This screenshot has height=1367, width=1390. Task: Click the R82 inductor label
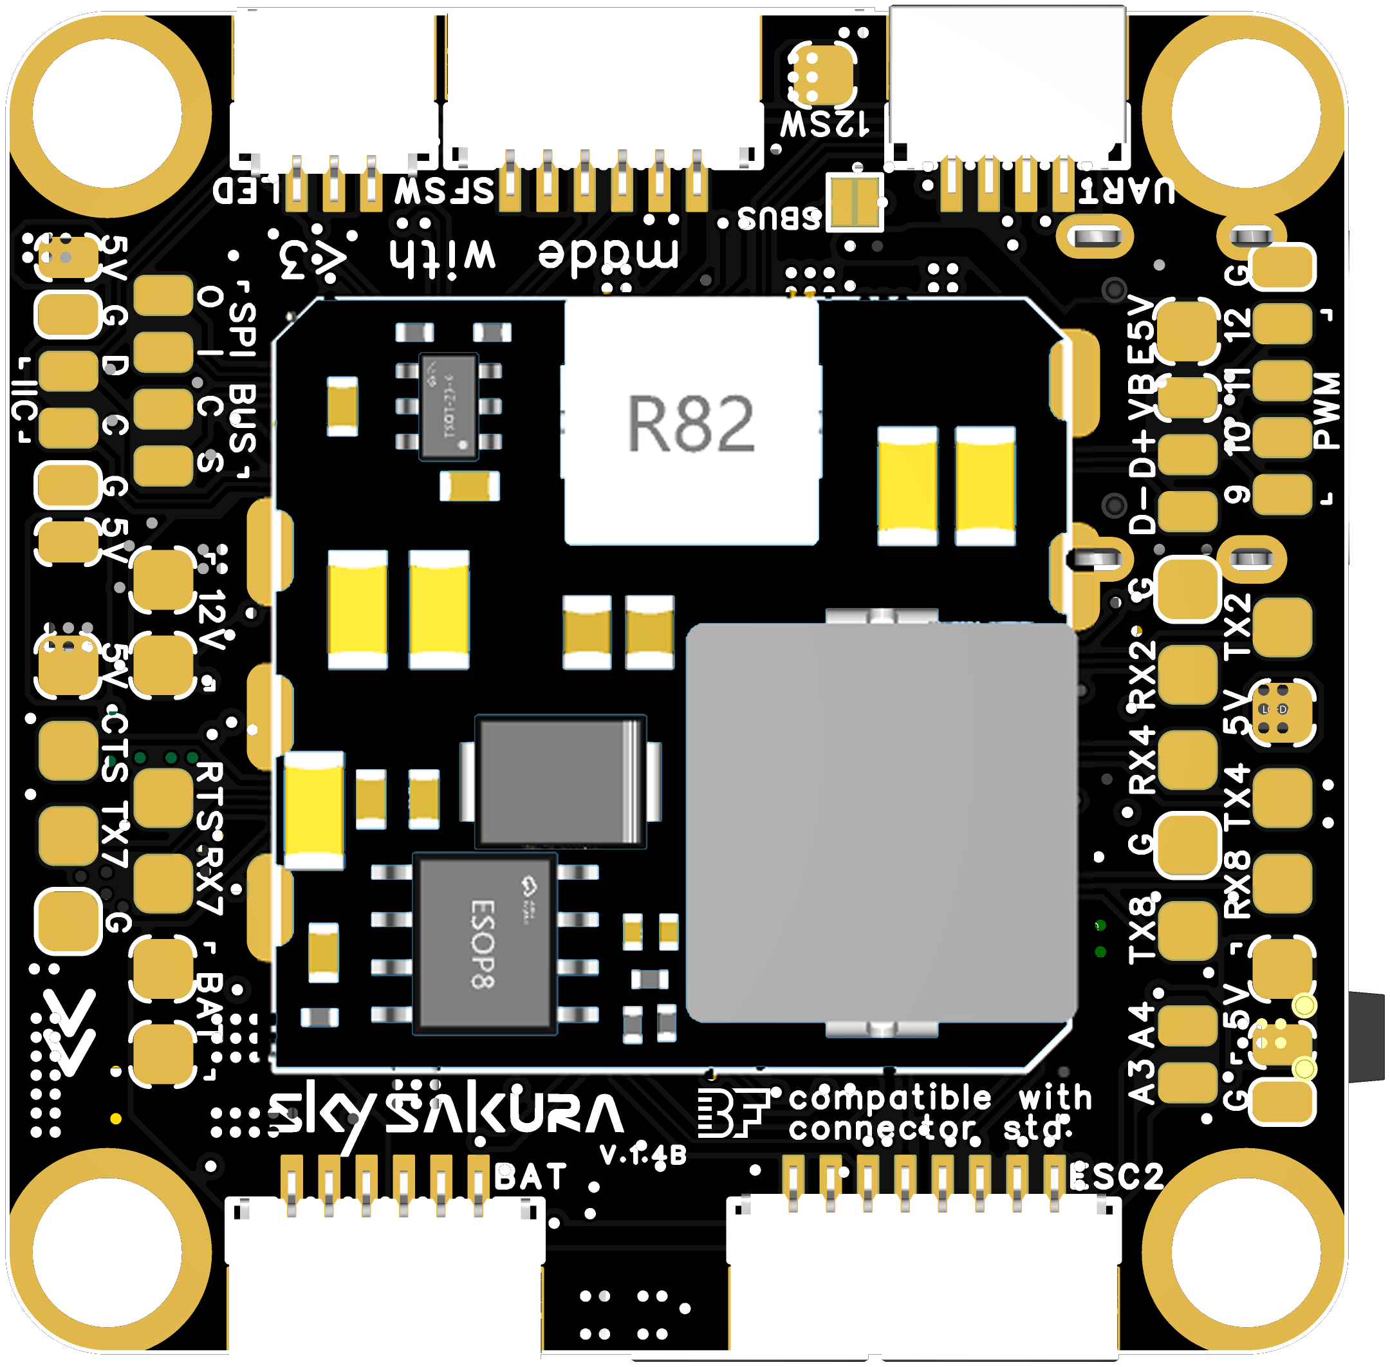tap(690, 423)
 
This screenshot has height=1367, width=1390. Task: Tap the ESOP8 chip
tap(485, 944)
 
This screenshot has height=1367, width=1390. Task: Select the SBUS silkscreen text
tap(779, 217)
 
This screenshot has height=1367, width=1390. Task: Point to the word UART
tap(1129, 191)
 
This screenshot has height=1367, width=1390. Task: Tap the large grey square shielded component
tap(881, 823)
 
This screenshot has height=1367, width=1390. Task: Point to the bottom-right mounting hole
tap(1246, 1253)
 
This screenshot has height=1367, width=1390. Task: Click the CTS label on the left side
tap(115, 747)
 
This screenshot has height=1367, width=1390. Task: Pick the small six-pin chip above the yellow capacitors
tap(449, 405)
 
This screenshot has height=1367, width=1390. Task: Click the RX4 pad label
tap(1142, 759)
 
